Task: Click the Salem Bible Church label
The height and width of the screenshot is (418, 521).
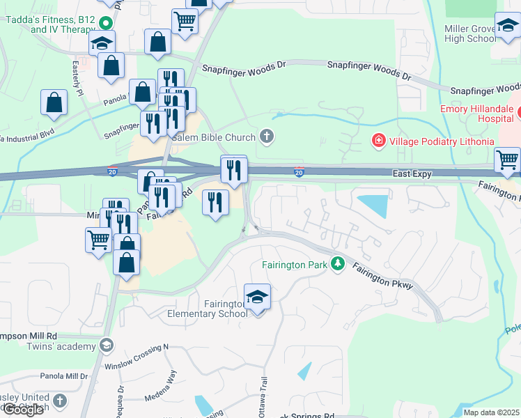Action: [213, 136]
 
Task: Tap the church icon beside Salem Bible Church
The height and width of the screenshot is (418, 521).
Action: [265, 135]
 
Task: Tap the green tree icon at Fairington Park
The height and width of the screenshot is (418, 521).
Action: [338, 263]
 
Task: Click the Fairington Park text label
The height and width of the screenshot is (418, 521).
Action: [295, 265]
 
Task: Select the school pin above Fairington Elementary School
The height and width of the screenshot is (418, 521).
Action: [257, 297]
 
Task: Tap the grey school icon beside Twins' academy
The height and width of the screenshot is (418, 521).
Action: [106, 346]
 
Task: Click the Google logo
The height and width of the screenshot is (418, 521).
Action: [23, 410]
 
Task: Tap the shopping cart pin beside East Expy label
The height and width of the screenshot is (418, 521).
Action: [507, 160]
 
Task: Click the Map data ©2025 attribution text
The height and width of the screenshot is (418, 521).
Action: [491, 412]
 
